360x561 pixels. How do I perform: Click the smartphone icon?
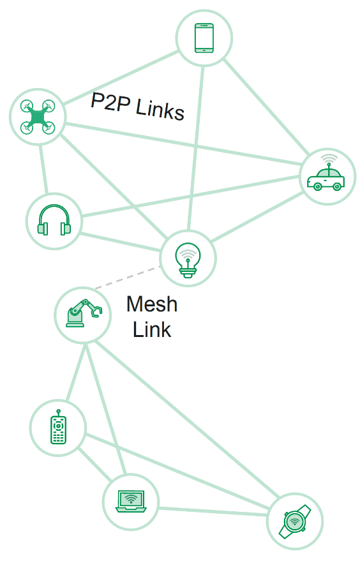click(204, 38)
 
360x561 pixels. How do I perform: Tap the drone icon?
click(38, 117)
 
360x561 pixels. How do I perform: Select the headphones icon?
click(54, 220)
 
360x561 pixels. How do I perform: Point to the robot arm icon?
click(84, 313)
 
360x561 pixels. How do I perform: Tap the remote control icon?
click(58, 427)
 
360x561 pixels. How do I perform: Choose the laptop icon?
click(131, 501)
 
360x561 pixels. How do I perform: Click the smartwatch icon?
click(295, 521)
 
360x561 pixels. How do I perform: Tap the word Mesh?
click(152, 304)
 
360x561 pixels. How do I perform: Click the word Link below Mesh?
click(152, 329)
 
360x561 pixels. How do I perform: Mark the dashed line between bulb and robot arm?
click(127, 277)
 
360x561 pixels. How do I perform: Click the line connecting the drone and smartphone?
click(121, 78)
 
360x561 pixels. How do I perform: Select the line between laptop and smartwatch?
click(213, 511)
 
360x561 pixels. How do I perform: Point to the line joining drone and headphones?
click(43, 169)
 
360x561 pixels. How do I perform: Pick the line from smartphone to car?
click(266, 106)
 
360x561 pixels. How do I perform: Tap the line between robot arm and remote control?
click(76, 372)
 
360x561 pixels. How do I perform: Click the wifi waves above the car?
click(329, 159)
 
